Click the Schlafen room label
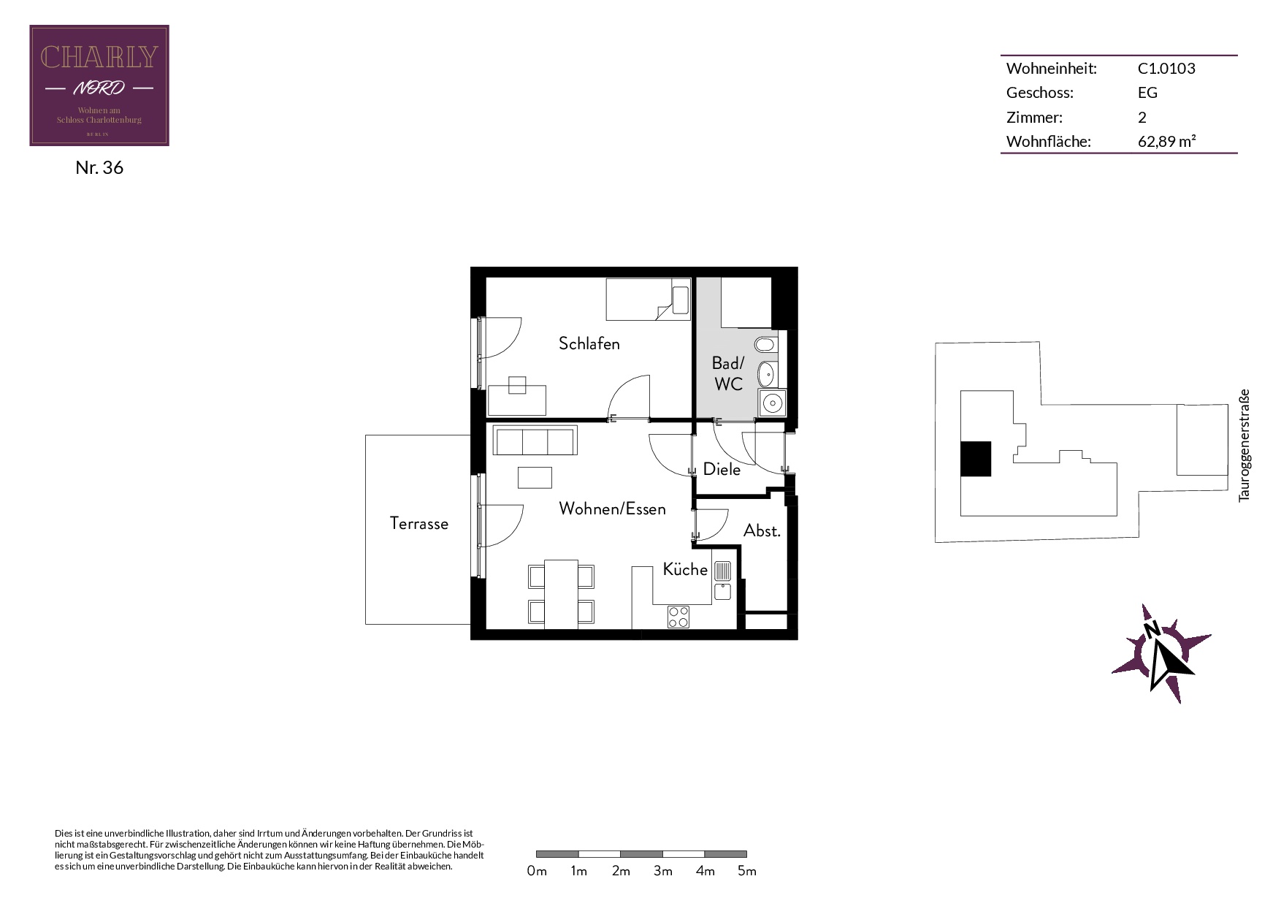(589, 343)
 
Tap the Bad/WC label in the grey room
(728, 373)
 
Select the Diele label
(722, 470)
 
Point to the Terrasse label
(419, 524)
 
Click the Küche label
(685, 569)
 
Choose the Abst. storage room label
(762, 531)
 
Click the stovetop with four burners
(678, 617)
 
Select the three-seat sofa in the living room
(535, 441)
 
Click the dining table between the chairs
(562, 593)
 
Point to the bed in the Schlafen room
(648, 300)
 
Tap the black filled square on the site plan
(976, 459)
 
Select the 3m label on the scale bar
(663, 871)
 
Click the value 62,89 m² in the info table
(1166, 142)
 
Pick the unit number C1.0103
(1166, 69)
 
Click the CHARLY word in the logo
(99, 57)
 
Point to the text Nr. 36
(99, 167)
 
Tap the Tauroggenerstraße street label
(1244, 445)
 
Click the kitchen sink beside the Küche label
(722, 580)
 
